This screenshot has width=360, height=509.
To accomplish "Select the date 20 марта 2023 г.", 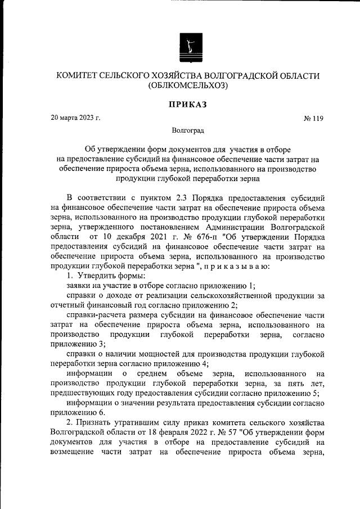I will point(75,118).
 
